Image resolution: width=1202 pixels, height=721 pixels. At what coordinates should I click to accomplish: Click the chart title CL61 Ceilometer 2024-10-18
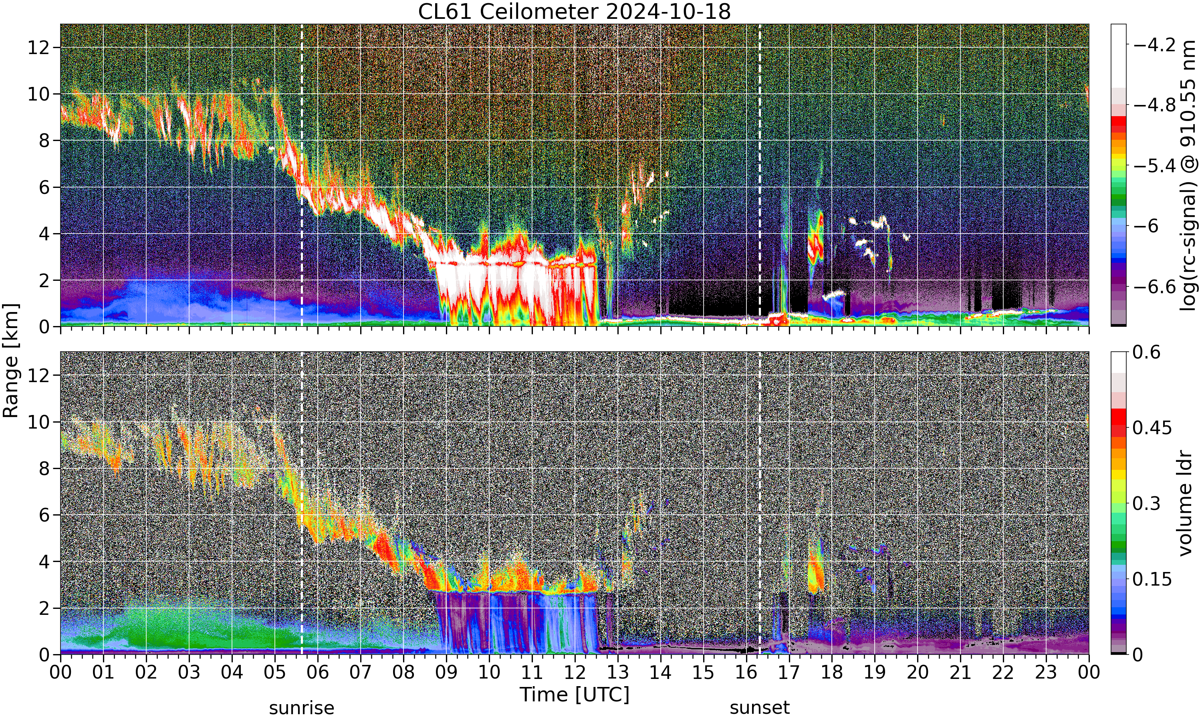pos(574,12)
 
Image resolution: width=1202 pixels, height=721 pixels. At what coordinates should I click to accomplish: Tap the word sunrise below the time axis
pos(302,708)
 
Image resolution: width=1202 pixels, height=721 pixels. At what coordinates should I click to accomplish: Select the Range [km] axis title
pos(11,360)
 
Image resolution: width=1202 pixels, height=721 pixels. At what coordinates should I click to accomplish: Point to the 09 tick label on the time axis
pos(446,673)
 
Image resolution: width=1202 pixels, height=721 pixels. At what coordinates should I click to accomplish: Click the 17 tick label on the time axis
pos(789,673)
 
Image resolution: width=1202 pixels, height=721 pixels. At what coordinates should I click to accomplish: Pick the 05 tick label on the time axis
pos(275,673)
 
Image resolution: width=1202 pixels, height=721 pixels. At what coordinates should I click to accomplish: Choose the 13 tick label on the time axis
pos(617,673)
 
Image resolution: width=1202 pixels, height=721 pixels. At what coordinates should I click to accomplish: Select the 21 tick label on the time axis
pos(960,673)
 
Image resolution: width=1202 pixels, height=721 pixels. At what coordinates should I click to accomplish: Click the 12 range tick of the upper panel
pos(38,48)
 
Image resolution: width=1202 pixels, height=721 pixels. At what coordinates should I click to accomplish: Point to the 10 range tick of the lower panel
pos(38,422)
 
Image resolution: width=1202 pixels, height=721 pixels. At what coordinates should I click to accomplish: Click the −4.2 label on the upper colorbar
pos(1154,45)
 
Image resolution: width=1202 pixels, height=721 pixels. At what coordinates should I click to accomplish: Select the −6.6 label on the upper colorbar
pos(1154,287)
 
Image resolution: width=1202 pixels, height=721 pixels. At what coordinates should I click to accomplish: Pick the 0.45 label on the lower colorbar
pos(1152,428)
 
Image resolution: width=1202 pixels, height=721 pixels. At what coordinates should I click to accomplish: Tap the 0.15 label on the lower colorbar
pos(1152,579)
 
